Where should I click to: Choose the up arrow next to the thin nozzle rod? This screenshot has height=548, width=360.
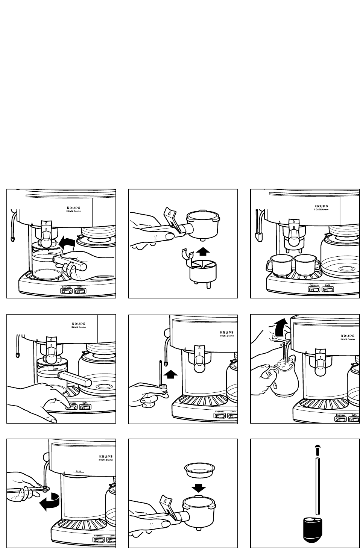coord(171,374)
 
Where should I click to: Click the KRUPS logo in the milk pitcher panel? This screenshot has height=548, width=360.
coord(348,336)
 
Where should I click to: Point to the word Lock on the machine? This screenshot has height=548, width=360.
coord(78,471)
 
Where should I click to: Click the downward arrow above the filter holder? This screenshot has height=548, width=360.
coord(198,487)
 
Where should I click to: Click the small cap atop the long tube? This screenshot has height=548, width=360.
coord(317,448)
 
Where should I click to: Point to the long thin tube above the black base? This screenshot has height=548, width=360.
coord(317,485)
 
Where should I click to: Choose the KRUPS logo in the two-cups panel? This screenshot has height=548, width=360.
coord(321,206)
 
